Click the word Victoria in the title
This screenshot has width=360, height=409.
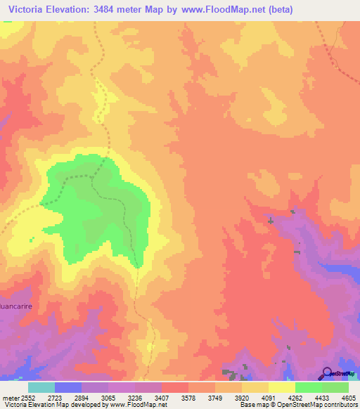pyautogui.click(x=29, y=9)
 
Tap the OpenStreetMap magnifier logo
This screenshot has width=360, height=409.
pyautogui.click(x=326, y=374)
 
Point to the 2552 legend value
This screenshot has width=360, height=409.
pyautogui.click(x=27, y=398)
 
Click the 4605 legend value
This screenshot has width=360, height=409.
pyautogui.click(x=348, y=398)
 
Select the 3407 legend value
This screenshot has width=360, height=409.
pyautogui.click(x=161, y=398)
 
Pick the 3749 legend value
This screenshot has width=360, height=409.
pyautogui.click(x=214, y=398)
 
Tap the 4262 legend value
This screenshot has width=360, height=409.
pyautogui.click(x=295, y=398)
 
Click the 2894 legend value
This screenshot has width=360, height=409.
pyautogui.click(x=81, y=398)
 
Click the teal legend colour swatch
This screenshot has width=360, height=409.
pyautogui.click(x=41, y=387)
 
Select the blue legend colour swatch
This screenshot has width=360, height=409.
pyautogui.click(x=68, y=387)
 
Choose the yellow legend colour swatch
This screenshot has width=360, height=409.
pyautogui.click(x=282, y=387)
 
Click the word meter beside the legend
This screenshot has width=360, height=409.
pyautogui.click(x=9, y=398)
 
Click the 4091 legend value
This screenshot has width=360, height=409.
pyautogui.click(x=268, y=398)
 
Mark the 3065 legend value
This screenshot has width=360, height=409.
pyautogui.click(x=108, y=398)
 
